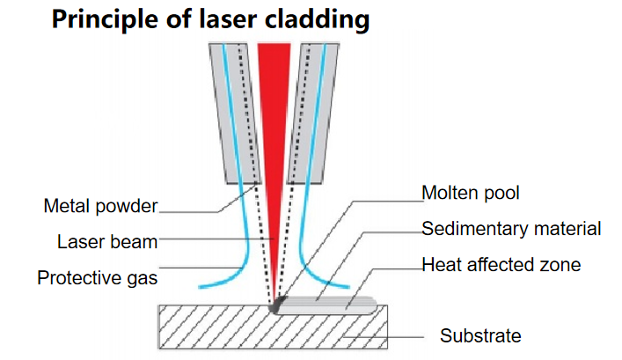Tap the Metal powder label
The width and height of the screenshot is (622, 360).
point(100,207)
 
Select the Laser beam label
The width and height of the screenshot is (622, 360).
point(106,241)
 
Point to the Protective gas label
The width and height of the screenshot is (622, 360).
point(97,278)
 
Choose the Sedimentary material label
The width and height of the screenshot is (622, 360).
point(511,230)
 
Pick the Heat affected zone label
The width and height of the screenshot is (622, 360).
point(501,264)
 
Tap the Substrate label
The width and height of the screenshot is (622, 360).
point(480,335)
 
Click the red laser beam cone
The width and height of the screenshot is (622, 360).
point(275,132)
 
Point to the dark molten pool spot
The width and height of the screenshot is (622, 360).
point(279,305)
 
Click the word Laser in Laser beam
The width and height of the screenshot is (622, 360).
point(79,241)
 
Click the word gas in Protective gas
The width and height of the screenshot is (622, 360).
point(141,278)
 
